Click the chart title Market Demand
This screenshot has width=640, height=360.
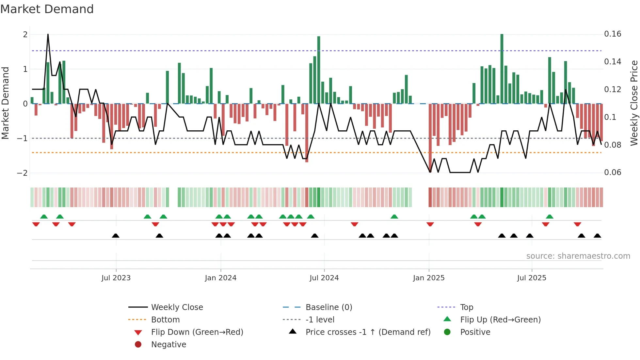[47, 9]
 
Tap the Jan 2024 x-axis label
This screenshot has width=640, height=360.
[220, 278]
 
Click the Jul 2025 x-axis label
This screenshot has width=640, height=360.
[531, 278]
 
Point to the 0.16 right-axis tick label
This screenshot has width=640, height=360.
[612, 34]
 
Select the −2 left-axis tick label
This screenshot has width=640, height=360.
[22, 173]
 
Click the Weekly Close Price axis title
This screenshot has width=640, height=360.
[634, 103]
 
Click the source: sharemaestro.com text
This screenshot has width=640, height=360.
[578, 256]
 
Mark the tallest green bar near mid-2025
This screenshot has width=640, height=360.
[502, 69]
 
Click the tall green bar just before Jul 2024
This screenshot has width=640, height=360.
[319, 70]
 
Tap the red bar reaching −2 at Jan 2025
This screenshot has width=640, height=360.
[430, 137]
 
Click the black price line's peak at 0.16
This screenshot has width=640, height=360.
[48, 35]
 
